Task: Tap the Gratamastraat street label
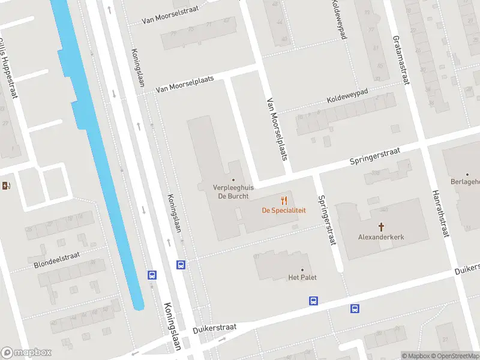(400, 59)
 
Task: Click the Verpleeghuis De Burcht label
(233, 191)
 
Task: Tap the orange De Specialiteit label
(284, 211)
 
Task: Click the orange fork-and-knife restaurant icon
(284, 200)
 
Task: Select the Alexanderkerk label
(381, 237)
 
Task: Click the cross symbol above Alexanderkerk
(381, 227)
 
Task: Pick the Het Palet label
(302, 277)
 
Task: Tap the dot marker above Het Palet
(302, 270)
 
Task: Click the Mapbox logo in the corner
(26, 353)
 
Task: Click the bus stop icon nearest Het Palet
(313, 301)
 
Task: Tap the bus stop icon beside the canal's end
(152, 275)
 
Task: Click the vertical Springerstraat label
(326, 220)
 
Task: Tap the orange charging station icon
(6, 186)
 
